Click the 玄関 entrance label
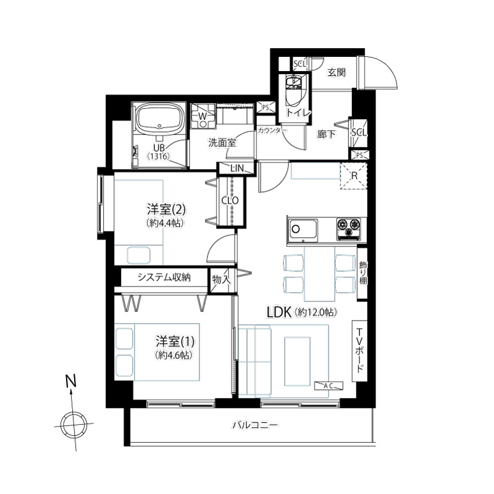coord(337,72)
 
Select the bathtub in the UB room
coord(159,119)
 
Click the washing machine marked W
coord(203,116)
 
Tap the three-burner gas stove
coord(349,228)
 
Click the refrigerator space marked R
coord(354,176)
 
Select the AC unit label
coord(329,385)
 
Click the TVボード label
coord(359,351)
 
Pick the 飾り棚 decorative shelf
coord(362,273)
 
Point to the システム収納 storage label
coord(164,277)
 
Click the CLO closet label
coord(230,200)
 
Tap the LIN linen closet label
coord(237,168)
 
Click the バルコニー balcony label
coord(255,425)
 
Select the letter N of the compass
coord(71,380)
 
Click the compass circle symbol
coord(74,425)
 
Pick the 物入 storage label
coord(222,280)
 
